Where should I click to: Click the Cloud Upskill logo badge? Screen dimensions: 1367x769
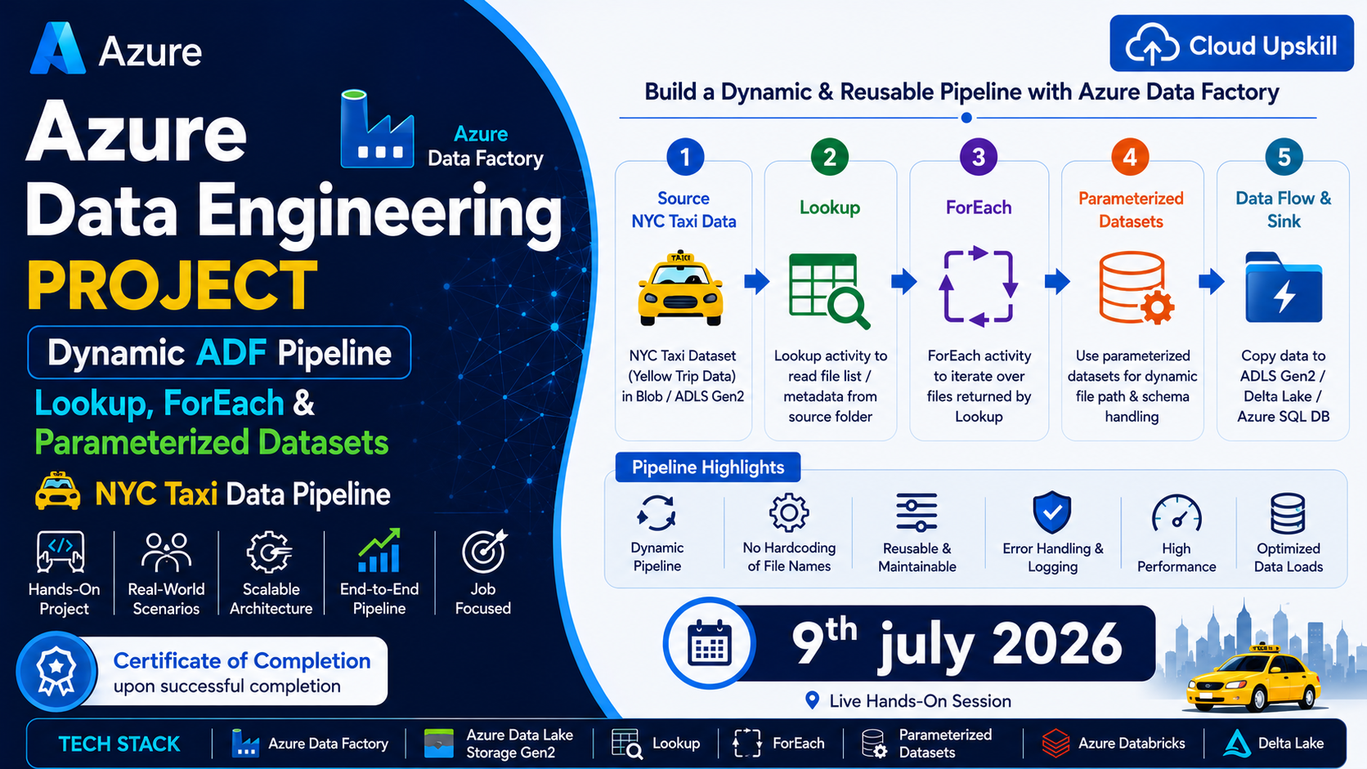click(x=1231, y=43)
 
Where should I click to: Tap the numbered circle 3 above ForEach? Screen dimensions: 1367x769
click(x=979, y=157)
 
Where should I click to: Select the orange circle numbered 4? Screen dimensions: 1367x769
click(x=1130, y=157)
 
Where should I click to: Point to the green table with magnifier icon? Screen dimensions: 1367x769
click(x=829, y=291)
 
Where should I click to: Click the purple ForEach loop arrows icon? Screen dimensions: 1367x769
click(x=979, y=286)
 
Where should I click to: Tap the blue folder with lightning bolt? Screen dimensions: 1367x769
click(x=1284, y=287)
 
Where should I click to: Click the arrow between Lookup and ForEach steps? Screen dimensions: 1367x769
click(x=903, y=281)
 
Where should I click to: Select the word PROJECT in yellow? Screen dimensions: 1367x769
click(x=172, y=285)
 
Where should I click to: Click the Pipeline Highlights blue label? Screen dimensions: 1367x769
click(x=708, y=467)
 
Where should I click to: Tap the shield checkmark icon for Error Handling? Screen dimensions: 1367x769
click(x=1052, y=512)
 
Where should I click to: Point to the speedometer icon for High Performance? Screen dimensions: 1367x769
click(x=1177, y=513)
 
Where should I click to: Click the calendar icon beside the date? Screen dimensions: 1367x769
click(x=709, y=643)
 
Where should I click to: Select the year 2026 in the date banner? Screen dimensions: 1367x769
click(x=1057, y=644)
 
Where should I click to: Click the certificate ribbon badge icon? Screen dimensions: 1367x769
click(x=56, y=672)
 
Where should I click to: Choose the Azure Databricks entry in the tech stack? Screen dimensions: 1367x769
click(x=1114, y=744)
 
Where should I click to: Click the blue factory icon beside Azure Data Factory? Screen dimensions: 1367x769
click(x=377, y=128)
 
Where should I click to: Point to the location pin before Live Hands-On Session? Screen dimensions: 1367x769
click(x=812, y=700)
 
